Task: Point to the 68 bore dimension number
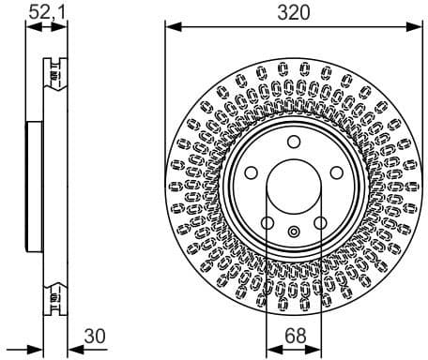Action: pyautogui.click(x=294, y=334)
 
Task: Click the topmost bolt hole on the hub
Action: pyautogui.click(x=294, y=142)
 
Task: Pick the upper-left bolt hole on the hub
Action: pyautogui.click(x=252, y=173)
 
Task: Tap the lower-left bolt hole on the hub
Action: pyautogui.click(x=267, y=223)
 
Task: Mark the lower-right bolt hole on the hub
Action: pyautogui.click(x=321, y=223)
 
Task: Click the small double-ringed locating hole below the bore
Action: pyautogui.click(x=294, y=232)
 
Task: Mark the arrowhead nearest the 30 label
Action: pyautogui.click(x=69, y=349)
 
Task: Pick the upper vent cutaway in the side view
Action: pyautogui.click(x=54, y=70)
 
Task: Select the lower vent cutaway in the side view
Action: pyautogui.click(x=54, y=301)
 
